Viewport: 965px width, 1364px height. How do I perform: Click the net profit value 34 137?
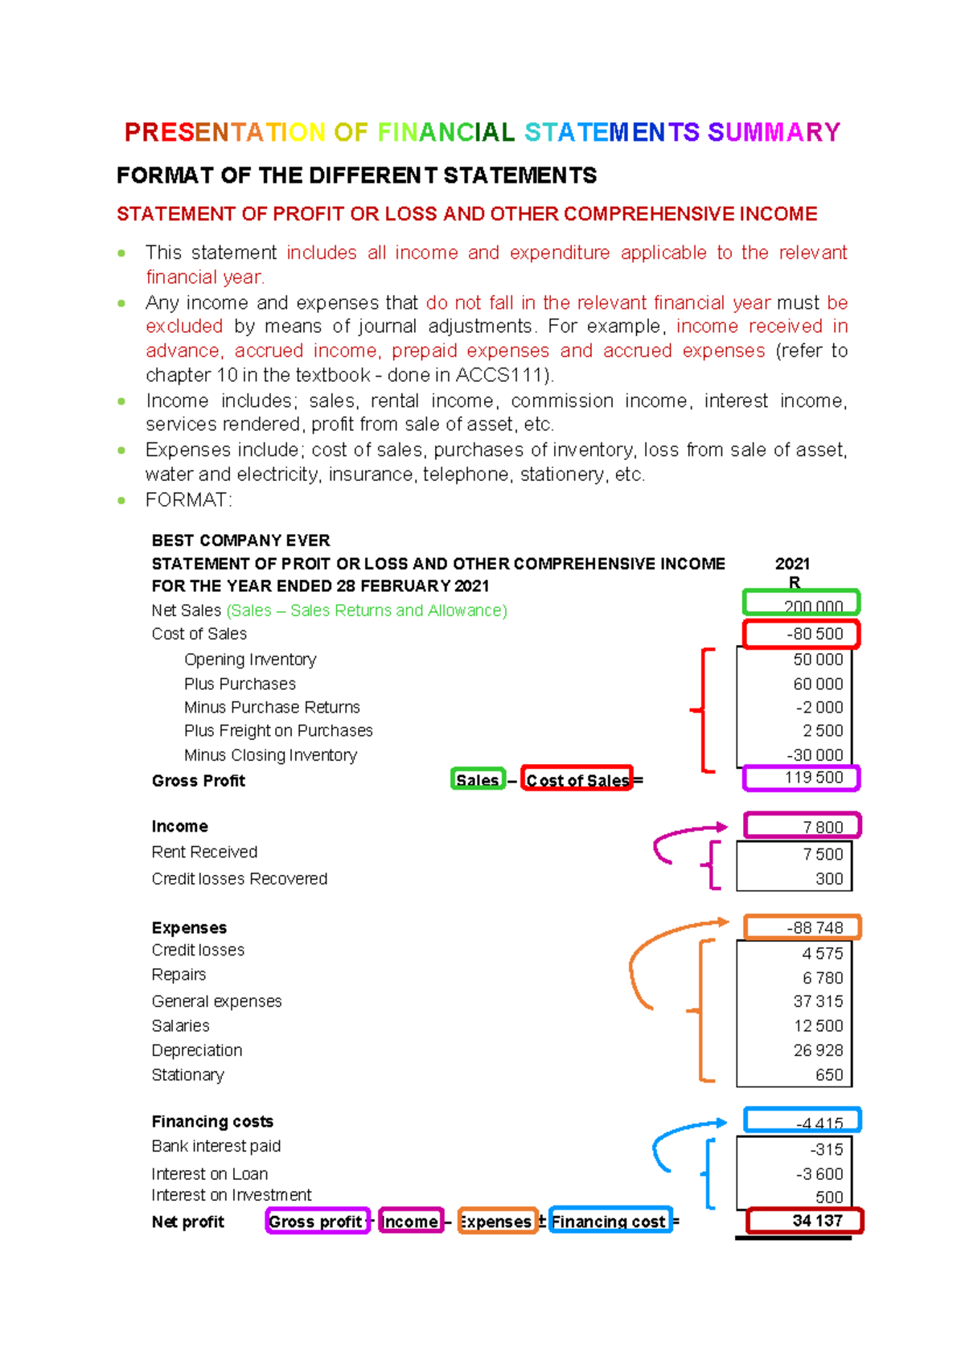(x=817, y=1220)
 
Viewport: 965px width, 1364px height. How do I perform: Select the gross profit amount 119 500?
(x=814, y=778)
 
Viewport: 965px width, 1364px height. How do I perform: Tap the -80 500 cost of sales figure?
(x=815, y=634)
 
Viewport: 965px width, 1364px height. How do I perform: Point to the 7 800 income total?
(x=822, y=827)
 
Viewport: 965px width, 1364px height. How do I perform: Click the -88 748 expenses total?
(x=815, y=927)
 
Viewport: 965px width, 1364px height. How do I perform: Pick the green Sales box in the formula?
(x=478, y=779)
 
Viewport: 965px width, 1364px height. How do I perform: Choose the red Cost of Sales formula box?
(x=577, y=779)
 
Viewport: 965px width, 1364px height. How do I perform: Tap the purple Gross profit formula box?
(x=317, y=1221)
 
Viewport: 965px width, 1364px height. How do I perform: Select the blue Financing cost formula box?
(x=610, y=1221)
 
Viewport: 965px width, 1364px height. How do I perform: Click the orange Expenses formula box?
(x=497, y=1221)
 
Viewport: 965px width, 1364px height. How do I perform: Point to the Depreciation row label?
(x=197, y=1050)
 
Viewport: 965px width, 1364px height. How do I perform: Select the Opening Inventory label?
(x=250, y=659)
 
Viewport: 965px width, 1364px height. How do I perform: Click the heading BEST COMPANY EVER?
(x=240, y=540)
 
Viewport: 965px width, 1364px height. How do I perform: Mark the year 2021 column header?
(x=792, y=564)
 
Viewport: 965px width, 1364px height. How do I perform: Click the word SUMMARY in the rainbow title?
(x=774, y=132)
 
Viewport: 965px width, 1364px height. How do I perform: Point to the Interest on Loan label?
(x=210, y=1174)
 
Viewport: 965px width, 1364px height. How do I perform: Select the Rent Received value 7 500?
(x=823, y=854)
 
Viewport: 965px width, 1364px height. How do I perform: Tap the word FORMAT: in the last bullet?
(x=188, y=500)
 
